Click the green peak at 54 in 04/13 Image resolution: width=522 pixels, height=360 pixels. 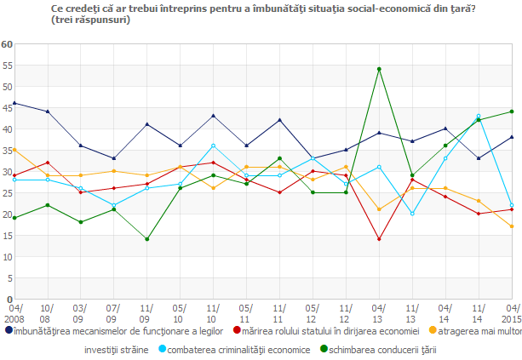pyautogui.click(x=379, y=69)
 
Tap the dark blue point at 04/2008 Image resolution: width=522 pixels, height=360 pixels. pyautogui.click(x=14, y=103)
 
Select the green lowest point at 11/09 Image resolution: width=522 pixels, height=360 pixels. pyautogui.click(x=146, y=239)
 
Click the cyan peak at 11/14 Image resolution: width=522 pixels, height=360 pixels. pyautogui.click(x=479, y=116)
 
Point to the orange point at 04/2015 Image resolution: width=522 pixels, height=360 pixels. pyautogui.click(x=512, y=226)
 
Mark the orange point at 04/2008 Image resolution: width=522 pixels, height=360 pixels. pyautogui.click(x=14, y=150)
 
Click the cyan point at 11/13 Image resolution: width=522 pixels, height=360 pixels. pyautogui.click(x=412, y=214)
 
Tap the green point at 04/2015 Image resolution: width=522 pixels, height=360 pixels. pyautogui.click(x=512, y=111)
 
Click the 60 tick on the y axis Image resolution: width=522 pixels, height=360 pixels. pyautogui.click(x=6, y=44)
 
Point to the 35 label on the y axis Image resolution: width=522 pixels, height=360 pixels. pyautogui.click(x=6, y=151)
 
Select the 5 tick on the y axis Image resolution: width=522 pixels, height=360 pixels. pyautogui.click(x=8, y=278)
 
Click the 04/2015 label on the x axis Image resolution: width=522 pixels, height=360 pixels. pyautogui.click(x=512, y=312)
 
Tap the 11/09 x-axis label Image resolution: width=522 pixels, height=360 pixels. pyautogui.click(x=146, y=312)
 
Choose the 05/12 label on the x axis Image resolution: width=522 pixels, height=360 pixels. pyautogui.click(x=313, y=312)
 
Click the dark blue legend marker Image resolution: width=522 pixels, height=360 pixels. pyautogui.click(x=9, y=330)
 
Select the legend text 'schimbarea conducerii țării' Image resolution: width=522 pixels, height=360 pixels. pyautogui.click(x=382, y=349)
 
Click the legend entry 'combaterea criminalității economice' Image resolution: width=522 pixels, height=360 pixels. pyautogui.click(x=239, y=349)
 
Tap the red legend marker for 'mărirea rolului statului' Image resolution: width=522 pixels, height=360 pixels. pyautogui.click(x=237, y=330)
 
